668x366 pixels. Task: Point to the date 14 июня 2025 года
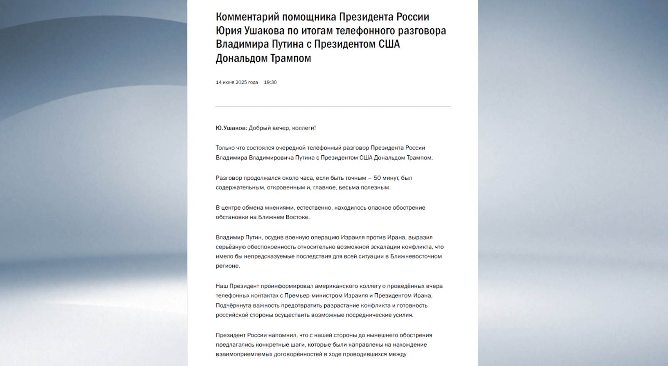point(236,82)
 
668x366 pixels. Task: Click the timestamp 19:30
point(270,82)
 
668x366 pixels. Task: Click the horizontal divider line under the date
point(333,107)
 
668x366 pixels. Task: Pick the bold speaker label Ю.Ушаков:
point(231,128)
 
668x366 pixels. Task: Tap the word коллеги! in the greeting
point(304,128)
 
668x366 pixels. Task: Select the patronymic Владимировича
point(271,157)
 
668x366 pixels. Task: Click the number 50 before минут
point(377,178)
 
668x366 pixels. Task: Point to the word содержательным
point(240,187)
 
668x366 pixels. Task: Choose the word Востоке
point(297,217)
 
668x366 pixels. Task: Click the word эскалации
point(376,247)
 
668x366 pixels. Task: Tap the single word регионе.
point(228,266)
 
